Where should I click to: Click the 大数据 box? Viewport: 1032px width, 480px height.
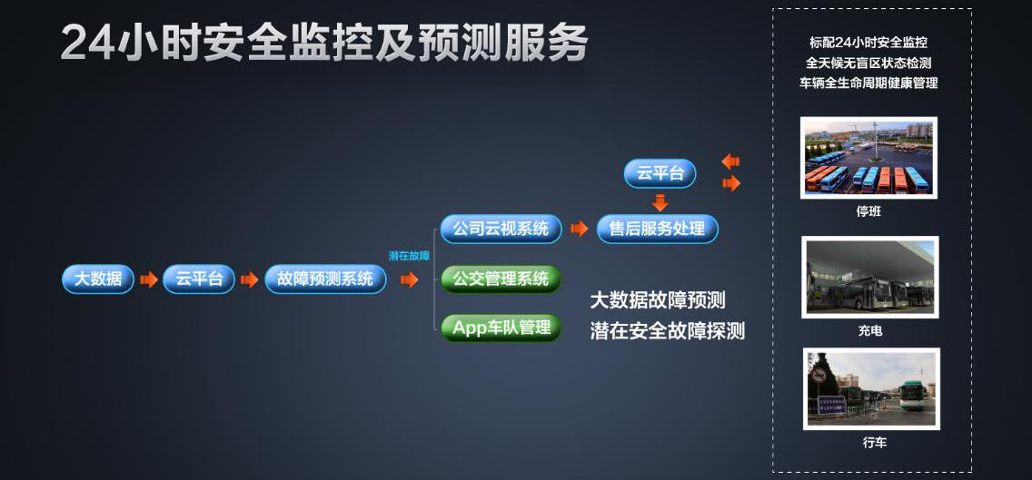pos(98,279)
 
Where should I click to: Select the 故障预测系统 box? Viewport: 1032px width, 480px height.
pos(325,279)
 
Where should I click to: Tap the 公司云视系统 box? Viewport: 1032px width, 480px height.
pos(501,229)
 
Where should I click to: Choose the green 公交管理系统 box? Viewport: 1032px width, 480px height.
pos(501,279)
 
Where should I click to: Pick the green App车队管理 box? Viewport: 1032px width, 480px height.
pos(501,328)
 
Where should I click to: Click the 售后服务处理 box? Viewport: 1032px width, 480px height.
pos(658,229)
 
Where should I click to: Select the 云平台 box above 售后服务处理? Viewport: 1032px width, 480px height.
pos(660,173)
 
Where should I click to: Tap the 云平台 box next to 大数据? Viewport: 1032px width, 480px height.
pos(199,279)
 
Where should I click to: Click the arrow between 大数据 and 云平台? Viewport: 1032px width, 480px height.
pos(149,279)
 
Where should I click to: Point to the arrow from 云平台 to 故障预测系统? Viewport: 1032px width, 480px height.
pos(250,279)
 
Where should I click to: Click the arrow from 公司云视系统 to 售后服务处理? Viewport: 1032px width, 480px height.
pos(580,229)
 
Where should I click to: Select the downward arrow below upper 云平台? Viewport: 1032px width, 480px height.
pos(660,201)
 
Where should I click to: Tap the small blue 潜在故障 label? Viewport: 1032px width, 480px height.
pos(409,256)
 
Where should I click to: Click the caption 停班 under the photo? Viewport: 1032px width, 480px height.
pos(868,211)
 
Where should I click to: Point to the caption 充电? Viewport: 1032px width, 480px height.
pos(869,331)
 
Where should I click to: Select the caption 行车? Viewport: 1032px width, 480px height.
pos(875,443)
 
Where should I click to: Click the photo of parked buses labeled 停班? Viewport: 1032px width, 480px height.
pos(868,158)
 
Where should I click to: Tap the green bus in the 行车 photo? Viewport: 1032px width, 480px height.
pos(913,396)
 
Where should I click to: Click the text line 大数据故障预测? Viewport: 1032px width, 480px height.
pos(658,300)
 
